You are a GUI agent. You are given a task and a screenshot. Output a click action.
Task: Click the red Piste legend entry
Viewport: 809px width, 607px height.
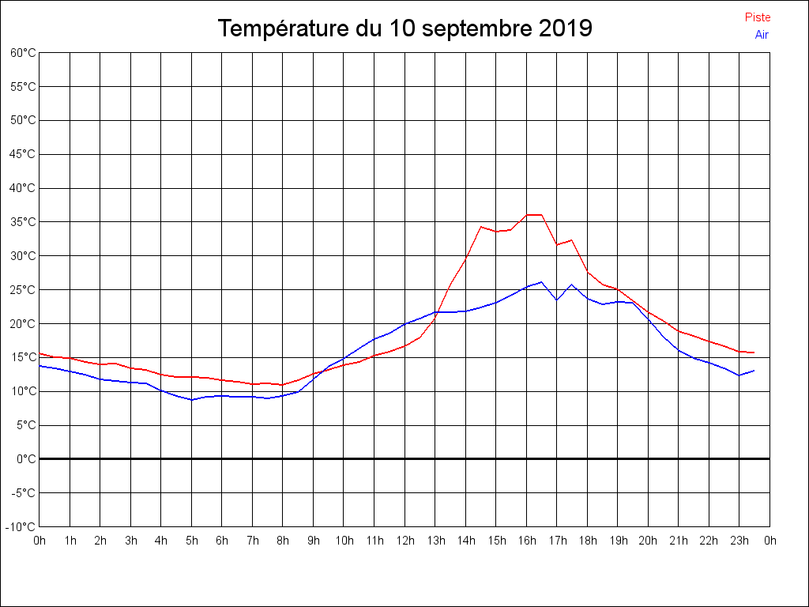757,17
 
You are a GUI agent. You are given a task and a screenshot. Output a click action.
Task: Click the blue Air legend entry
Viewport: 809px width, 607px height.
762,35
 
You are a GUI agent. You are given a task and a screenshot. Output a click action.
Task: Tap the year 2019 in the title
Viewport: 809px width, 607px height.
566,29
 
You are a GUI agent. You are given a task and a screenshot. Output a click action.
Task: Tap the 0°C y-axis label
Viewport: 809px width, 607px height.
26,459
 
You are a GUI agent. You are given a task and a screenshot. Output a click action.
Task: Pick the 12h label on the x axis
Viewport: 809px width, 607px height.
405,541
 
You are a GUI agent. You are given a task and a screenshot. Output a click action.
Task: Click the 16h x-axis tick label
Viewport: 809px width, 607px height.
527,541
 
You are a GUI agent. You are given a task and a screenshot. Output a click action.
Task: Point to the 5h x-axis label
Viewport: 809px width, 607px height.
192,541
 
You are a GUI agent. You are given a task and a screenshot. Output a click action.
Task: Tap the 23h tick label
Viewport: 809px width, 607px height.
740,541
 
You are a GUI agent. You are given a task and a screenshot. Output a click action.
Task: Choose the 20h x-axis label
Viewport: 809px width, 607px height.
649,541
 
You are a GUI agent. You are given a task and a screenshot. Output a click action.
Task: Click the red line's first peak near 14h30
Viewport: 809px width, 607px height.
481,227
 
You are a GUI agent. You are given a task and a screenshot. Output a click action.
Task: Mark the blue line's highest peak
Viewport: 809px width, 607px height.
542,281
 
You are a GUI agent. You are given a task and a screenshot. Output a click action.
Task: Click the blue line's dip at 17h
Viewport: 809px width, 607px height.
557,300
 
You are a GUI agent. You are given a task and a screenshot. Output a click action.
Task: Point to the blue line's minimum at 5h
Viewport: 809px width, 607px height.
192,400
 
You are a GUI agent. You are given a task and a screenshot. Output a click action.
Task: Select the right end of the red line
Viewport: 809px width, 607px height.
754,353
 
